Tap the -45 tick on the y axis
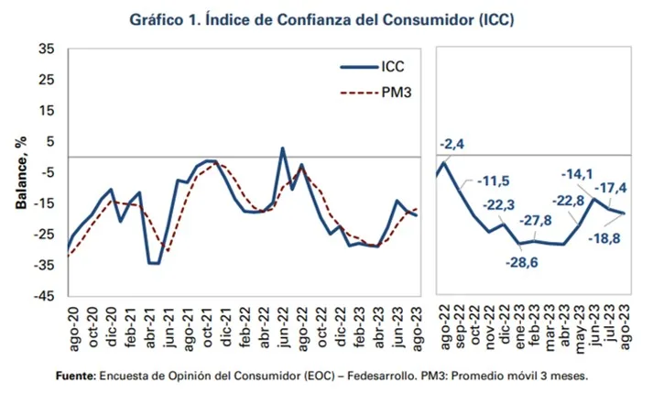click(x=47, y=297)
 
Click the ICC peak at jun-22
click(x=282, y=148)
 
